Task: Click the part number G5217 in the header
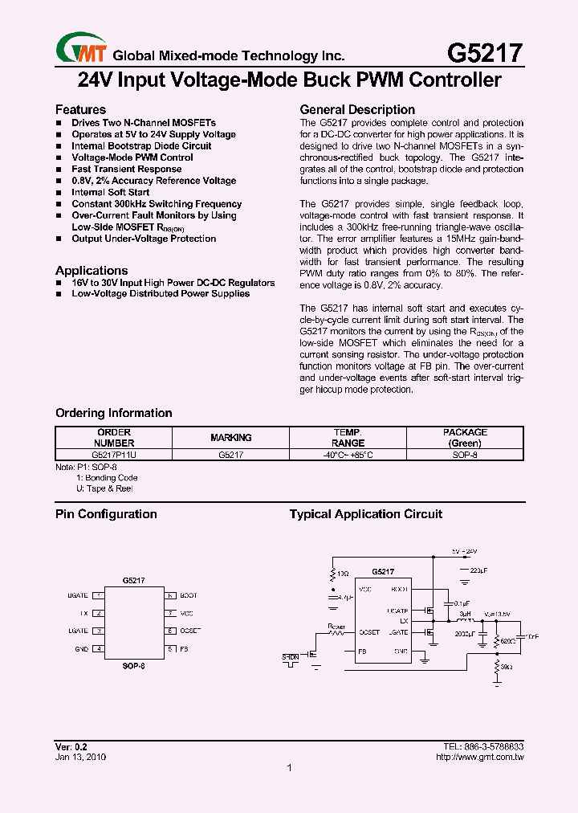point(484,53)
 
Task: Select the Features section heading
point(80,109)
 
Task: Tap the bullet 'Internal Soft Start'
point(110,192)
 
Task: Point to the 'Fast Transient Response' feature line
point(126,170)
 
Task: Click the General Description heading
point(357,109)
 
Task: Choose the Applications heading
point(92,271)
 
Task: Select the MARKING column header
point(231,438)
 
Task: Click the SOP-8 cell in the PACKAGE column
point(465,455)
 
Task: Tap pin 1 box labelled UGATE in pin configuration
point(98,595)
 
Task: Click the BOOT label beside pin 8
point(188,595)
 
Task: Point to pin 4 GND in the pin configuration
point(98,648)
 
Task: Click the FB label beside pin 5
point(184,648)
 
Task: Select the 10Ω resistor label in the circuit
point(343,573)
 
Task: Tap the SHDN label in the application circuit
point(290,657)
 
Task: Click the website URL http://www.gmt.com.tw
point(479,757)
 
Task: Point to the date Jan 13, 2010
point(80,757)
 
